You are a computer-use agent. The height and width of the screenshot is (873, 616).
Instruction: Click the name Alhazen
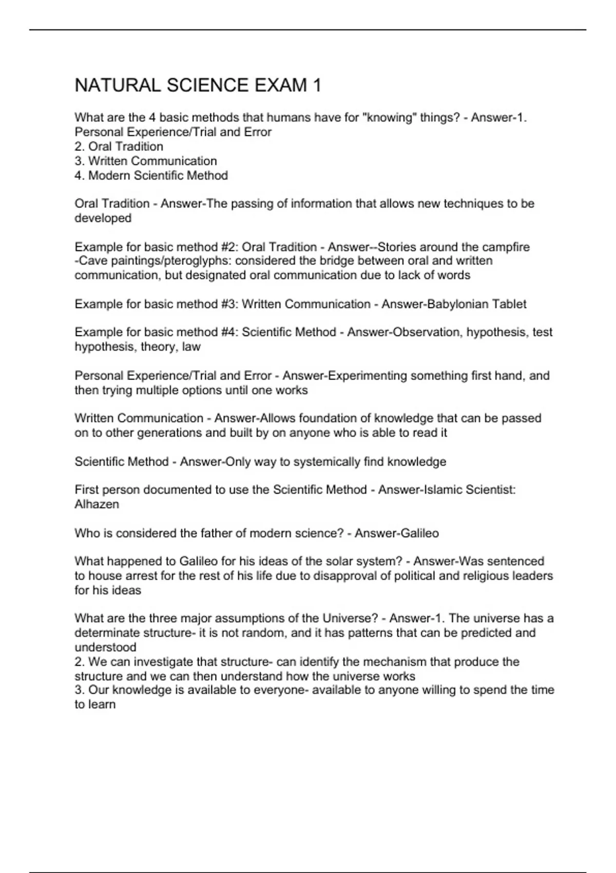[97, 504]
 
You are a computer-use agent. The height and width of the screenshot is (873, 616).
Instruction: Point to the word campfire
[506, 247]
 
